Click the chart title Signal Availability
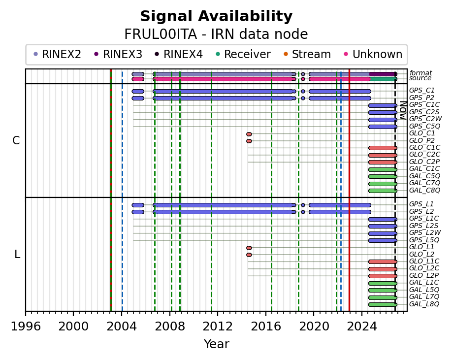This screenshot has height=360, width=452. click(216, 16)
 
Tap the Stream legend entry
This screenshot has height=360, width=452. click(307, 54)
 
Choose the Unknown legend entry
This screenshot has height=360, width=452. click(373, 54)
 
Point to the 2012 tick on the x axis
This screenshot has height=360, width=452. click(218, 313)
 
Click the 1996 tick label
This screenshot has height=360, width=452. click(26, 327)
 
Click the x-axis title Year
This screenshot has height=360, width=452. click(217, 344)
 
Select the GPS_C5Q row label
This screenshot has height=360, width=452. click(424, 126)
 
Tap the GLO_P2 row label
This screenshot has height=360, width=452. click(422, 140)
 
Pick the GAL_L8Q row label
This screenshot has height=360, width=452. click(424, 304)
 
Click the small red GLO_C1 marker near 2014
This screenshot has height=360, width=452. click(249, 134)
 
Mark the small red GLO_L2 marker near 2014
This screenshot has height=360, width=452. click(249, 255)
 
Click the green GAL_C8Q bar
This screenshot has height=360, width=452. click(383, 191)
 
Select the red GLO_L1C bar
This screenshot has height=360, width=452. click(383, 262)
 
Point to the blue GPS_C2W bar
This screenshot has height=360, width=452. click(383, 120)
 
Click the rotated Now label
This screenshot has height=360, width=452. click(403, 110)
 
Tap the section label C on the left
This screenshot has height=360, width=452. click(16, 141)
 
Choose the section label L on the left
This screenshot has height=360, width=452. click(17, 255)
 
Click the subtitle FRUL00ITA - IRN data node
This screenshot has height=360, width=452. click(216, 34)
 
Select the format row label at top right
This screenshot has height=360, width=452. click(420, 73)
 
